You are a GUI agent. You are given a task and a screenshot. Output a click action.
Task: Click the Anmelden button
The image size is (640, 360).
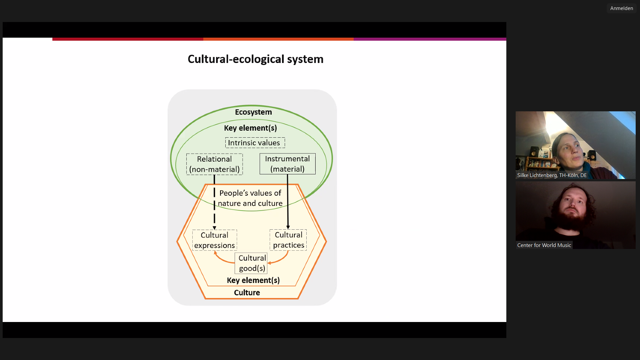pyautogui.click(x=621, y=8)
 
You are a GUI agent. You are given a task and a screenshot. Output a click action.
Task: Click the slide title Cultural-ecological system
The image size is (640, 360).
pyautogui.click(x=255, y=59)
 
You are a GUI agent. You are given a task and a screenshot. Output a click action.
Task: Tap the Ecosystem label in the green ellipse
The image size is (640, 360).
pyautogui.click(x=253, y=112)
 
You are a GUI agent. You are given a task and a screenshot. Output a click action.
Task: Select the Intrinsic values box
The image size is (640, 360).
pyautogui.click(x=255, y=143)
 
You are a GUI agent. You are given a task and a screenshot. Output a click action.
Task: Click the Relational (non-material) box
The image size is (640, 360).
pyautogui.click(x=214, y=164)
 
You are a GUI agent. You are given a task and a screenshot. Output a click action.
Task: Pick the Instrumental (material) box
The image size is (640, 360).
pyautogui.click(x=287, y=164)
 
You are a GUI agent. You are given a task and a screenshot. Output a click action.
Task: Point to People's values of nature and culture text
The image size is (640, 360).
pyautogui.click(x=250, y=198)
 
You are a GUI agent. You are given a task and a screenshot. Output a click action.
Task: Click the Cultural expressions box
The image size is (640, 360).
pyautogui.click(x=214, y=240)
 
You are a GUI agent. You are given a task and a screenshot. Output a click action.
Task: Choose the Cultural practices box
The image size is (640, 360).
pyautogui.click(x=288, y=240)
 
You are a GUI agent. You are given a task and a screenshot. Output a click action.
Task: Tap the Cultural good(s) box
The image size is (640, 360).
pyautogui.click(x=252, y=263)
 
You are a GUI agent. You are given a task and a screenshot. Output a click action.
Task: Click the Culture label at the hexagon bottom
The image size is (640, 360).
pyautogui.click(x=247, y=293)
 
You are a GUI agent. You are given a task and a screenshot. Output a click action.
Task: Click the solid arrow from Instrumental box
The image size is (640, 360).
pyautogui.click(x=288, y=203)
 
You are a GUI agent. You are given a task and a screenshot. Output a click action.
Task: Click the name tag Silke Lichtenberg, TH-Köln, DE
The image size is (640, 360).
pyautogui.click(x=552, y=175)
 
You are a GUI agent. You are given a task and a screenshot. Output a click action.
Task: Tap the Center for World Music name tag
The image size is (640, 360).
pyautogui.click(x=544, y=245)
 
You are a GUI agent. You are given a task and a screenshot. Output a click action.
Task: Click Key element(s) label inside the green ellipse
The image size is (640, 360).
pyautogui.click(x=250, y=128)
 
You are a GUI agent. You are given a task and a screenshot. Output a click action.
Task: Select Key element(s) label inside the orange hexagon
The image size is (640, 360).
pyautogui.click(x=253, y=280)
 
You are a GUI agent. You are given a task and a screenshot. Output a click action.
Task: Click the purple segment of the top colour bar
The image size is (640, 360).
pyautogui.click(x=430, y=39)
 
